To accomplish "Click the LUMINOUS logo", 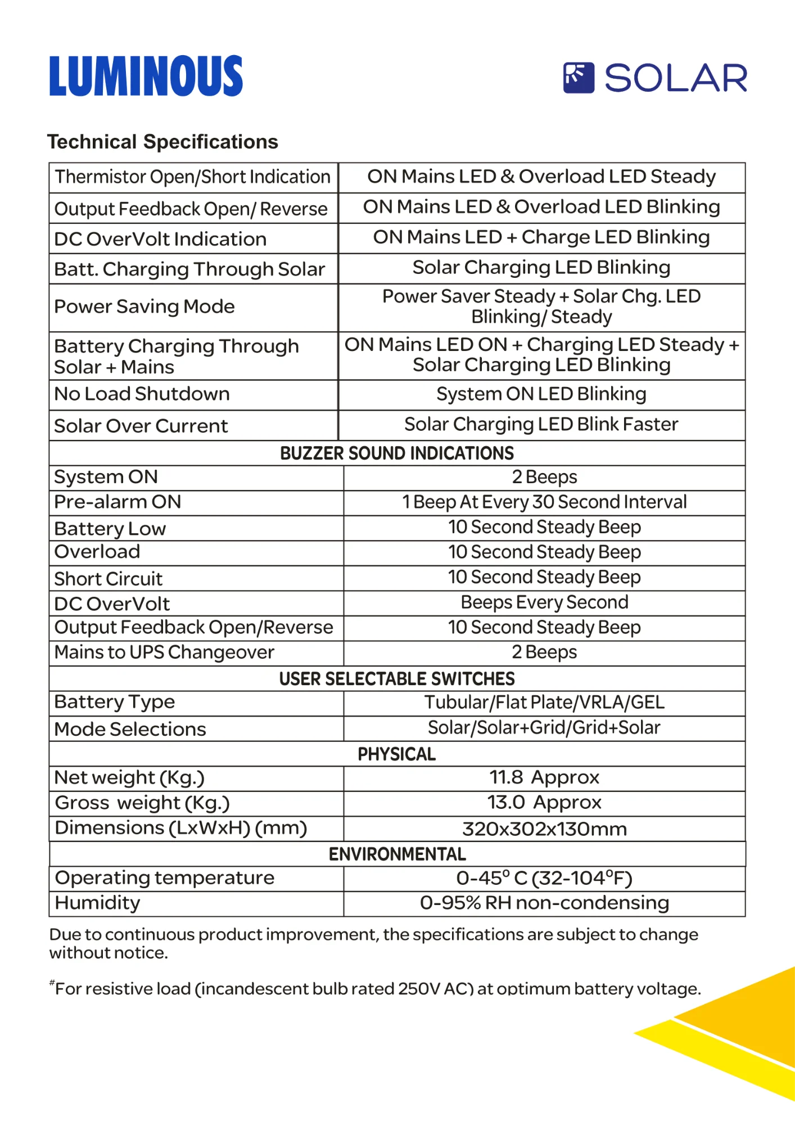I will click(x=146, y=76).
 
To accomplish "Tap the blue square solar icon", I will click(x=579, y=78).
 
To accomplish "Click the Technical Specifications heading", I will click(x=162, y=142).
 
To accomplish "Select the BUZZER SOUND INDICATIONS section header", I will click(x=397, y=453).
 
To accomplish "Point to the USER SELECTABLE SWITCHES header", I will click(x=397, y=679).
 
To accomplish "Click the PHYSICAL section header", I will click(x=397, y=754).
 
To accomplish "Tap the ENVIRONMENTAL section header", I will click(x=397, y=854).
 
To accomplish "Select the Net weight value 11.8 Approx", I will click(x=544, y=778).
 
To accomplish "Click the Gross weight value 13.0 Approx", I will click(x=544, y=803).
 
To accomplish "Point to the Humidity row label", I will click(x=97, y=903).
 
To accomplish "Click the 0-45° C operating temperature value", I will click(x=544, y=878).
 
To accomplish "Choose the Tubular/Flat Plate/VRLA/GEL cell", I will click(x=544, y=703).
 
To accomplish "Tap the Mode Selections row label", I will click(x=130, y=730).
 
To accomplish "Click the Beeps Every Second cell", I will click(x=544, y=602).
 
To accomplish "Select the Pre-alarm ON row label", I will click(x=118, y=502).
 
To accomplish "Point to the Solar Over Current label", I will click(x=141, y=426).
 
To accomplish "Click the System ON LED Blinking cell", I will click(x=541, y=394).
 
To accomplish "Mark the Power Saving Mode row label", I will click(x=144, y=307).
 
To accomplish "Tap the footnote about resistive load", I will click(x=376, y=988).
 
